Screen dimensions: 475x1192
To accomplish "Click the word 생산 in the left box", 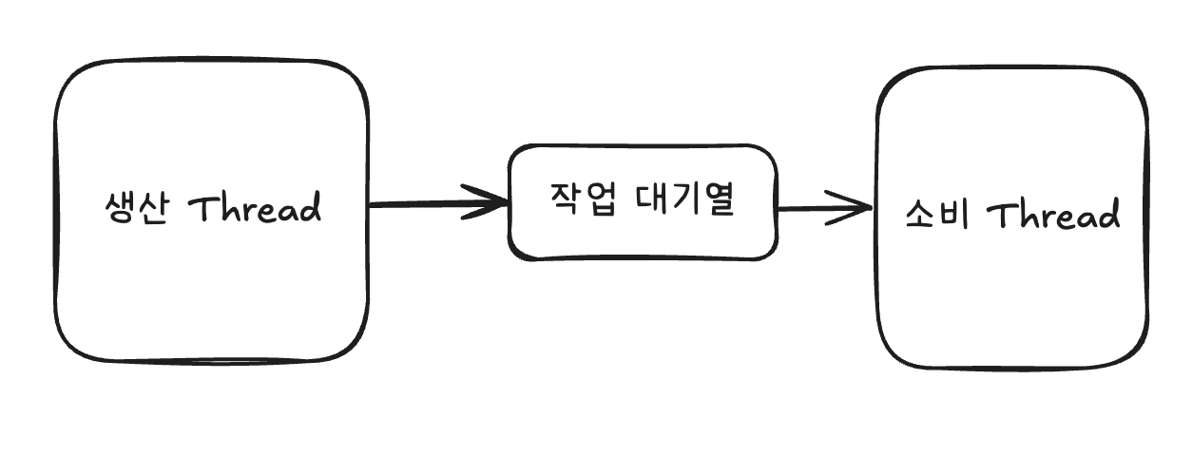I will pyautogui.click(x=137, y=208).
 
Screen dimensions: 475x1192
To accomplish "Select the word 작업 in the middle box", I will pyautogui.click(x=580, y=199).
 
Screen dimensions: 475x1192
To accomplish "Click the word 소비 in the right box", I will pyautogui.click(x=936, y=217).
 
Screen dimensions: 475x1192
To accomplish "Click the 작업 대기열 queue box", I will pyautogui.click(x=643, y=237).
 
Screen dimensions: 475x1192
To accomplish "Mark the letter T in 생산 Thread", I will pyautogui.click(x=207, y=207).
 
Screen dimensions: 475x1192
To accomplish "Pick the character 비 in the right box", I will pyautogui.click(x=954, y=217).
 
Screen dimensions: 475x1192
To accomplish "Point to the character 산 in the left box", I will pyautogui.click(x=155, y=208).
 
